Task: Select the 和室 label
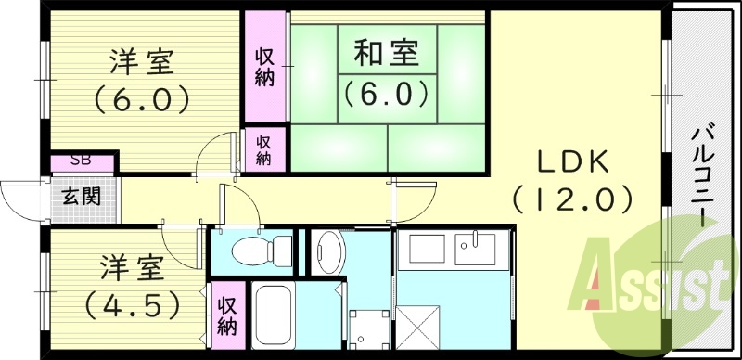point(384,54)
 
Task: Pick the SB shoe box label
point(80,161)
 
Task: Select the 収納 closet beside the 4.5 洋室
point(227,316)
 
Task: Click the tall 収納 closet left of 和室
point(265,66)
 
